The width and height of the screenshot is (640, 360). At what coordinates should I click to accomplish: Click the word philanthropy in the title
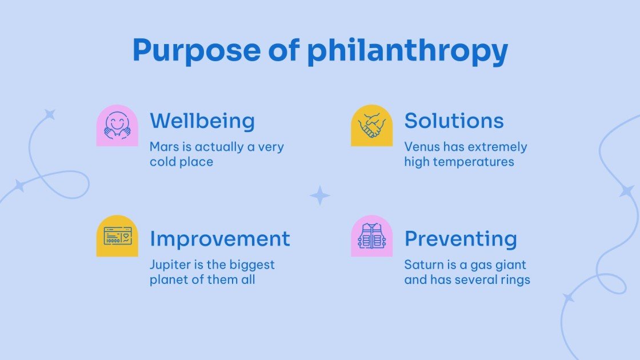(407, 52)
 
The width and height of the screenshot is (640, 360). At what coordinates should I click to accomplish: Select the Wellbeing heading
(202, 121)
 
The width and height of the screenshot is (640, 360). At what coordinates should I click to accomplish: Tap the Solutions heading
(454, 121)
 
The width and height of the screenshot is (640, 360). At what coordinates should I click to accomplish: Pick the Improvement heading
(220, 238)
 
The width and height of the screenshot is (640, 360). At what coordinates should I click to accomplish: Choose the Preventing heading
(461, 238)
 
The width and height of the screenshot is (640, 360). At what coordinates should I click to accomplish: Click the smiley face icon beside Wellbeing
(117, 126)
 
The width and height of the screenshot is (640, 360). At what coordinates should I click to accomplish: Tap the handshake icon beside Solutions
(372, 125)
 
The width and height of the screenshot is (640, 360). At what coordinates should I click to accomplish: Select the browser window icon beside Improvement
(117, 236)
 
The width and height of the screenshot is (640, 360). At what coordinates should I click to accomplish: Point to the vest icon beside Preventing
(372, 236)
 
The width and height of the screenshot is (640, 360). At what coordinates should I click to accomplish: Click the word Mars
(163, 147)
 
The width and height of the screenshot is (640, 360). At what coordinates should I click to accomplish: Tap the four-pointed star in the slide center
(320, 195)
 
